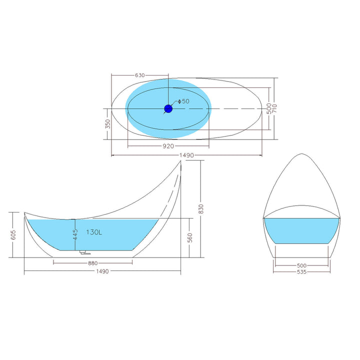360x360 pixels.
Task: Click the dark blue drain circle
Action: pos(168,108)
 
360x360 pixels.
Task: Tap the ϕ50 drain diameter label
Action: pos(183,101)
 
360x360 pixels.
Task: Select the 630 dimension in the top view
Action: pos(140,75)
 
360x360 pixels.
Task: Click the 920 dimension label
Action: pos(168,146)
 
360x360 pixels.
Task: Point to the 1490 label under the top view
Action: pos(186,155)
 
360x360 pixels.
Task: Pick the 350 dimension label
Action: pos(108,124)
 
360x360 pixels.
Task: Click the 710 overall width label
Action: pos(274,108)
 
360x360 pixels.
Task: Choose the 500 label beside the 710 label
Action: pos(269,108)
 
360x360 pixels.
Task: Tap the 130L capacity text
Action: pos(94,232)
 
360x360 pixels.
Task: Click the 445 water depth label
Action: pos(75,234)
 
